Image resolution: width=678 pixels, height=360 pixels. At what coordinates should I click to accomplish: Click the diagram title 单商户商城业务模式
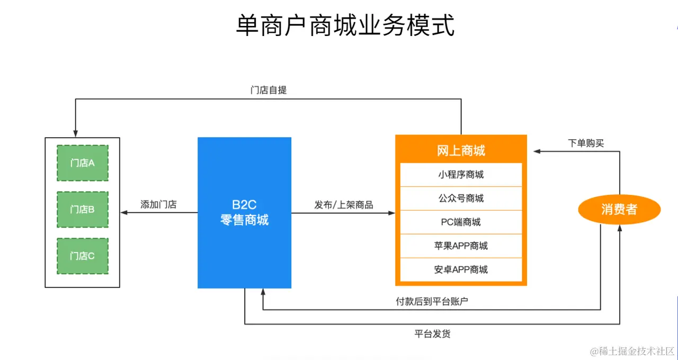(345, 25)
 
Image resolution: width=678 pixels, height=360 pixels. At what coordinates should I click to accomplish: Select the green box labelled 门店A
(82, 163)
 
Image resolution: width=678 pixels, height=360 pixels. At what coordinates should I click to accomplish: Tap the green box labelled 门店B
(82, 209)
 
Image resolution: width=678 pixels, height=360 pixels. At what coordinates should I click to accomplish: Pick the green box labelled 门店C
(82, 256)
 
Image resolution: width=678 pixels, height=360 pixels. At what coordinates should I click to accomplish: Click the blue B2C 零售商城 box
(244, 213)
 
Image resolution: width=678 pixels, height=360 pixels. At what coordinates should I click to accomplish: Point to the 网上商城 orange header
(461, 151)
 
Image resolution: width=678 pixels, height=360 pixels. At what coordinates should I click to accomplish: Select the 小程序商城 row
(461, 175)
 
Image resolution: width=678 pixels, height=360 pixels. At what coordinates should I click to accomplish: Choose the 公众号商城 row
(461, 199)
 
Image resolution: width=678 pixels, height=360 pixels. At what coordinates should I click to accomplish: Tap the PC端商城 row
(461, 222)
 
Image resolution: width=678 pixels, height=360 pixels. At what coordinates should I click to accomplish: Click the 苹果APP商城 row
(461, 246)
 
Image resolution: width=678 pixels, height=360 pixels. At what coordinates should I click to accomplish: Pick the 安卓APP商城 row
(461, 270)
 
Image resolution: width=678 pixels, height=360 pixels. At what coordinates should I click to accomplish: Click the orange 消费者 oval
(619, 210)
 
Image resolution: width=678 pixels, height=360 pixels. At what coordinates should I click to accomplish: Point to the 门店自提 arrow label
(269, 90)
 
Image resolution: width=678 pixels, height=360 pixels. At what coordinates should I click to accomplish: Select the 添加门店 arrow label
(158, 204)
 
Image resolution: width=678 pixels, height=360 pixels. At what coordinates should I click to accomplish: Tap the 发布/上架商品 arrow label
(344, 205)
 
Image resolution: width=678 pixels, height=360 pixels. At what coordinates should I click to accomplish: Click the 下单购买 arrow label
(586, 143)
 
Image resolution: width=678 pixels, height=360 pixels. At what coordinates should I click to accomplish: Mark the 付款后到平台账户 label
(432, 302)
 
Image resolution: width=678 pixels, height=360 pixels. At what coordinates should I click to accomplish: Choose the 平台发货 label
(432, 334)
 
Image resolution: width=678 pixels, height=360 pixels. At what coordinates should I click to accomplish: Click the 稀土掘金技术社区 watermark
(632, 351)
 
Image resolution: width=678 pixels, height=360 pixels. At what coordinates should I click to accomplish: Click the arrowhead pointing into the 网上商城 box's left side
(392, 213)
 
